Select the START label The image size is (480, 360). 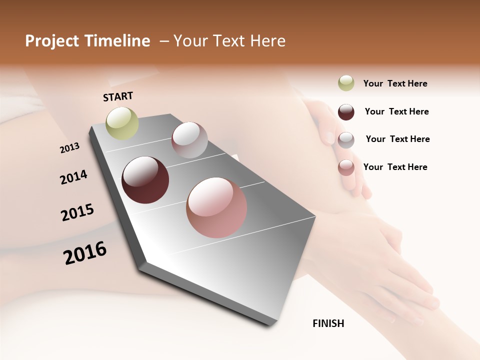[x=118, y=96]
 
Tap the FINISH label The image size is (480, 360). [x=328, y=323]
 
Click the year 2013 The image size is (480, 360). [x=69, y=148]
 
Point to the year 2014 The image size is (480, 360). [x=73, y=177]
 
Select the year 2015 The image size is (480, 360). [x=77, y=213]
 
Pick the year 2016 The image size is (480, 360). [x=85, y=252]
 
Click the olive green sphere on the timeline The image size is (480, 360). [x=122, y=123]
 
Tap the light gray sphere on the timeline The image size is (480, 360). [x=189, y=140]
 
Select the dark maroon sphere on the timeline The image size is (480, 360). [x=145, y=180]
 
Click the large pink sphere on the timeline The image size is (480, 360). [x=216, y=207]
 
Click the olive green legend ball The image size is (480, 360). [x=346, y=83]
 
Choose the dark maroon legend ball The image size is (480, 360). [x=346, y=112]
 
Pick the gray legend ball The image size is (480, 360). [x=346, y=140]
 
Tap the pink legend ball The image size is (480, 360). [x=346, y=167]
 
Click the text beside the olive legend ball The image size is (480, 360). [x=395, y=83]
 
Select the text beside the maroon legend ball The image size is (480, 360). [x=396, y=111]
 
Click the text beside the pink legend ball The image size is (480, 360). [x=395, y=167]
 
